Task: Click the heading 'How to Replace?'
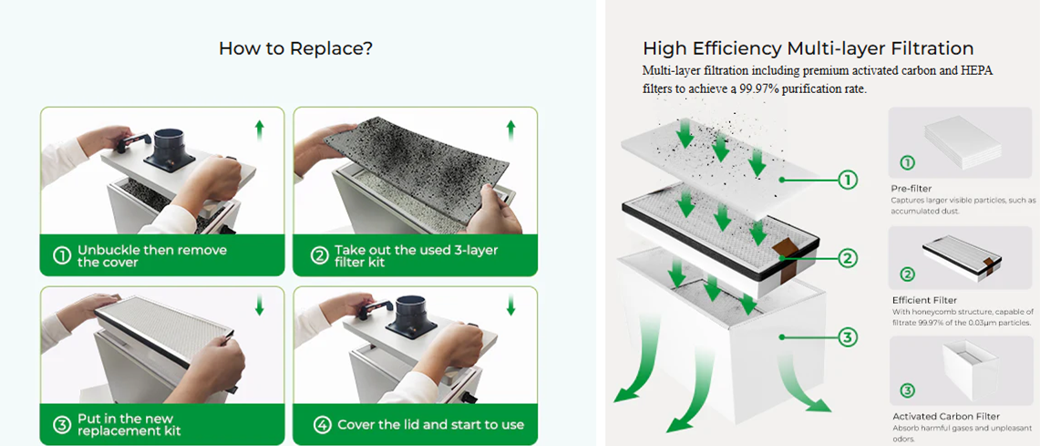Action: pos(295,48)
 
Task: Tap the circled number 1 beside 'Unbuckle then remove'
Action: pos(62,256)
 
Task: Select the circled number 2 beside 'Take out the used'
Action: pos(319,256)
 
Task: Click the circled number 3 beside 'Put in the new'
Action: pos(62,424)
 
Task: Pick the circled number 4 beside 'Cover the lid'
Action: pos(323,424)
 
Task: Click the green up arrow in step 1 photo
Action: pos(260,130)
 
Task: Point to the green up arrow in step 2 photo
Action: pos(510,130)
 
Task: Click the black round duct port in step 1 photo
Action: pos(171,145)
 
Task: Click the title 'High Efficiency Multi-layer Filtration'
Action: pos(808,48)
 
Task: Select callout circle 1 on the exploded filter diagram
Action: pos(848,181)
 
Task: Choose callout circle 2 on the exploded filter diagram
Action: pos(848,259)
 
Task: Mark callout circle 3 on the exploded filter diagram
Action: pos(848,338)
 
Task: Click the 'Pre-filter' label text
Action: pos(911,188)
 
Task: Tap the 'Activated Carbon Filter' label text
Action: pos(939,416)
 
